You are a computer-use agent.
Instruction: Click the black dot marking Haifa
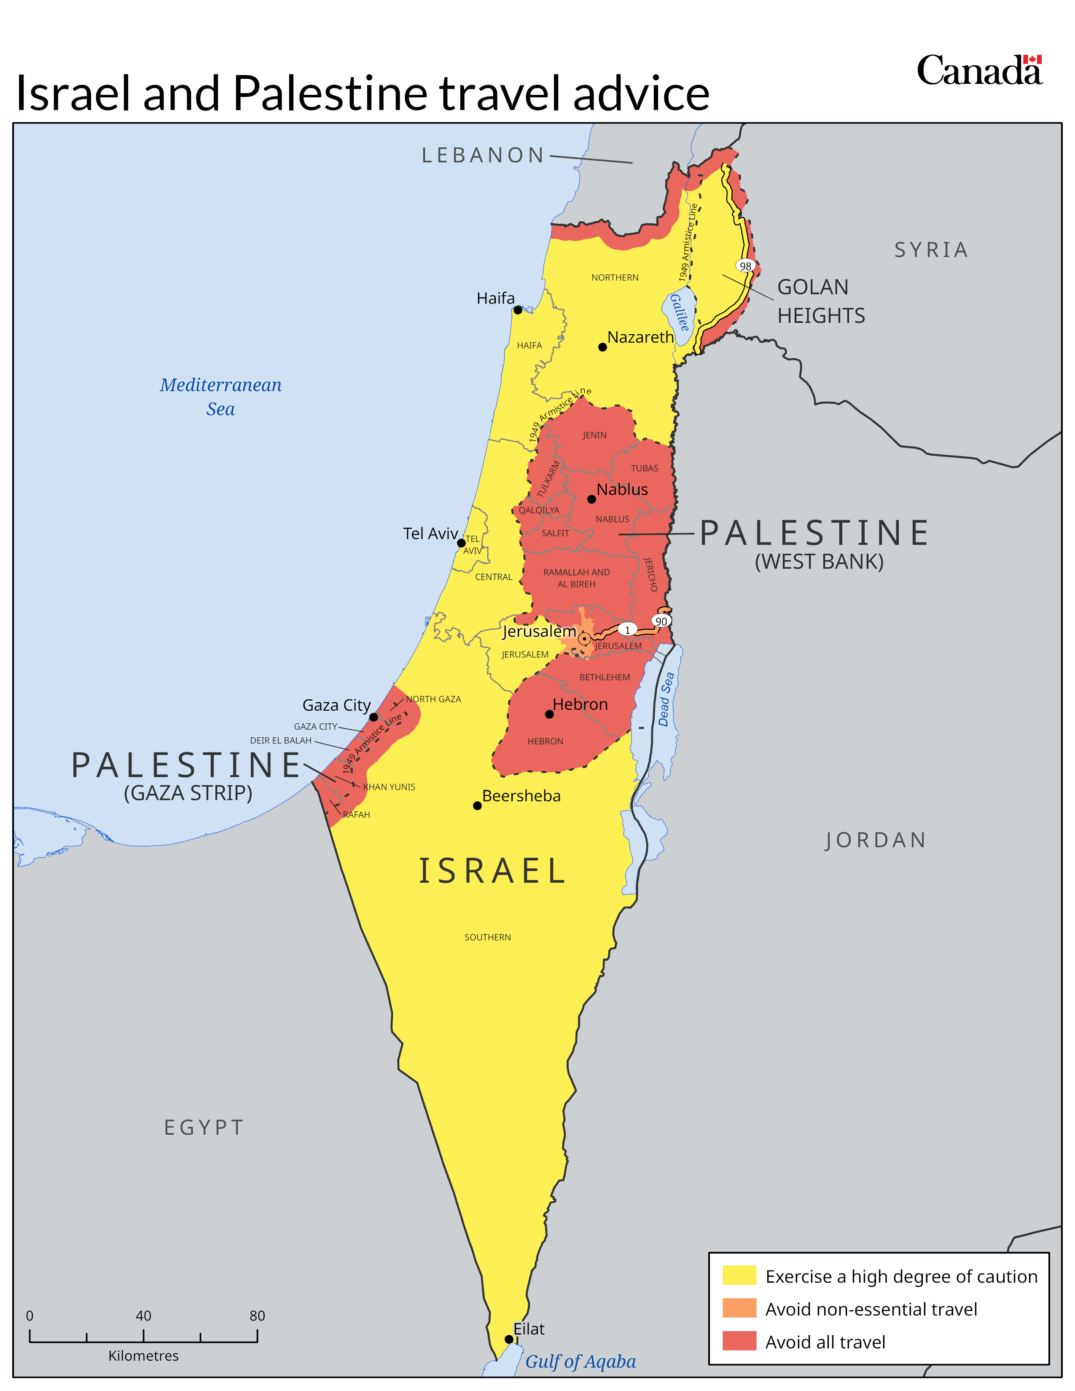(518, 310)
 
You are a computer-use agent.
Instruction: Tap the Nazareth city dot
(602, 347)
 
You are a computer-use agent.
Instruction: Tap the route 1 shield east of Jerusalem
(627, 630)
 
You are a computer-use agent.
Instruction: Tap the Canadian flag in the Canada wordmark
(1032, 59)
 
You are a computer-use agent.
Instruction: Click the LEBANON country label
(483, 155)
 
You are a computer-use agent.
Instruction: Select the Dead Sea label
(666, 699)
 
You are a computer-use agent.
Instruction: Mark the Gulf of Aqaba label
(580, 1361)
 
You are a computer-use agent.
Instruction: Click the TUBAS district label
(645, 468)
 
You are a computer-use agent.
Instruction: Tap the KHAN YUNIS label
(389, 787)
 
